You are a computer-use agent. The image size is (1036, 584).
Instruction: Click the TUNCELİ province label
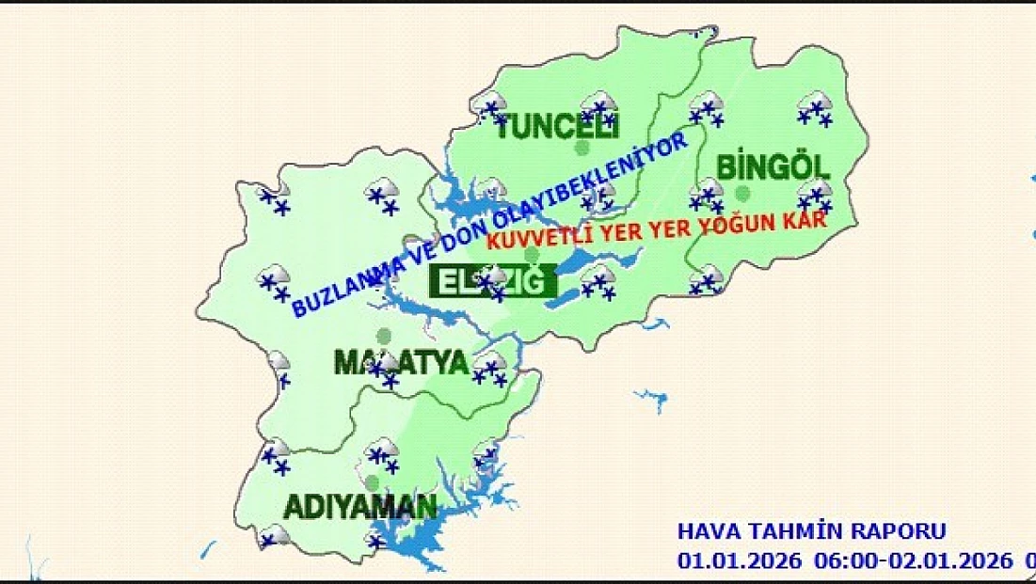[x=554, y=125]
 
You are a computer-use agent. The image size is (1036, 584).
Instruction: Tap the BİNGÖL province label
[x=773, y=168]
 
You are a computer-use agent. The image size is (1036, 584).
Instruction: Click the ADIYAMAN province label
[x=360, y=507]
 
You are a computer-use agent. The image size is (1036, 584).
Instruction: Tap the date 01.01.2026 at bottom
[x=740, y=560]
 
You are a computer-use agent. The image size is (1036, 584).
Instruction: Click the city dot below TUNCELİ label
[x=582, y=148]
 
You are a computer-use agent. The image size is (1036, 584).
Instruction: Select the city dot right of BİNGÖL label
[x=743, y=194]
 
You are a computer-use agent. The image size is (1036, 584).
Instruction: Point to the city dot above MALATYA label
[x=383, y=335]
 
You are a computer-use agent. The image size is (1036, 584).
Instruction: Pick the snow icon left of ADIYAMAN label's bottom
[x=274, y=536]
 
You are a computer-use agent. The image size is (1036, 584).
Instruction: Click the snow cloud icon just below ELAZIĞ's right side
[x=598, y=281]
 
